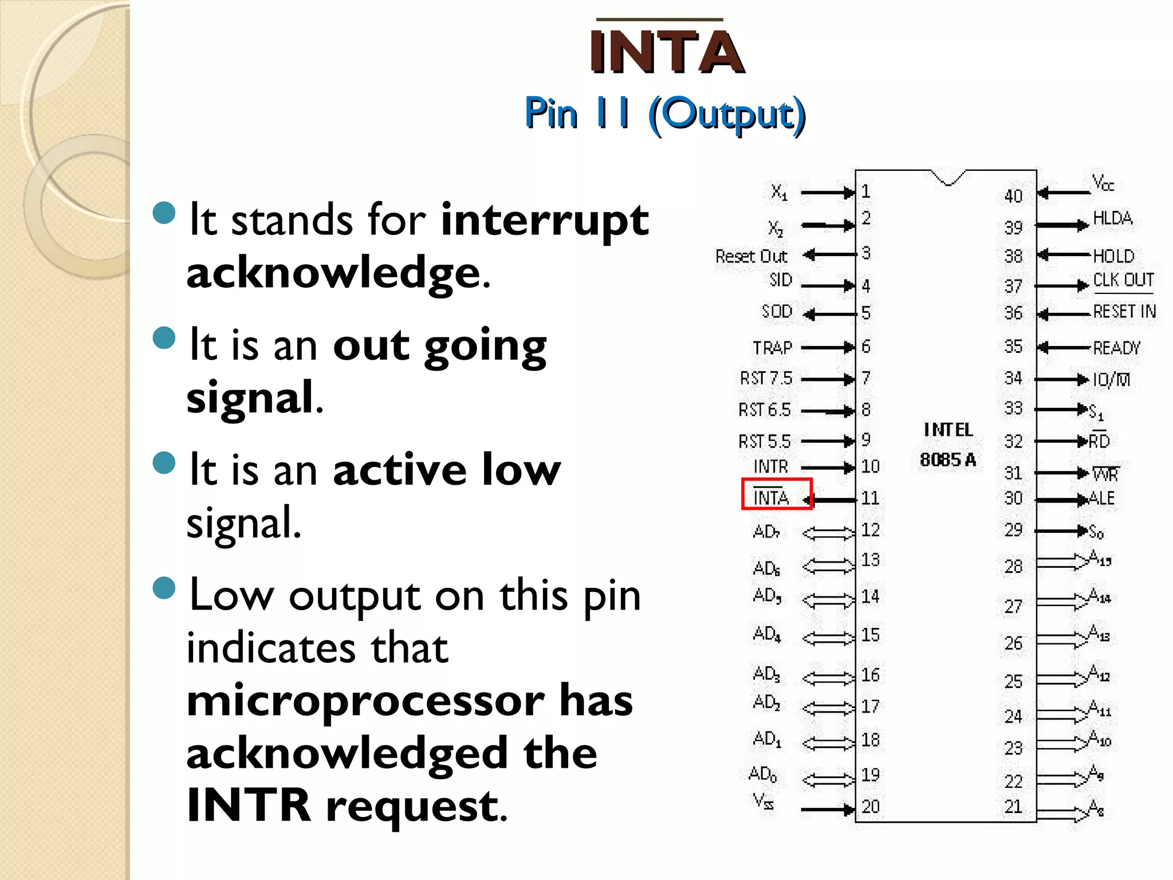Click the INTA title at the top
tap(666, 52)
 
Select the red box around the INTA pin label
tap(777, 494)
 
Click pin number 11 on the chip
tap(870, 498)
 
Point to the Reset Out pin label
tap(751, 256)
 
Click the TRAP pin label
tap(772, 348)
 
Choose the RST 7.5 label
tap(766, 379)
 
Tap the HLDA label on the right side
tap(1112, 218)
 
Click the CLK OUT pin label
tap(1123, 280)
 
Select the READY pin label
tap(1116, 348)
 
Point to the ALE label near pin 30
tap(1102, 498)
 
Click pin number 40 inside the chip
tap(1013, 197)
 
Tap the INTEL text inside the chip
tap(948, 430)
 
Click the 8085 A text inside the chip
tap(948, 459)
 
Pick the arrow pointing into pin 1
tap(827, 193)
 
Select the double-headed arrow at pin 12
tap(828, 533)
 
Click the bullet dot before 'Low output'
tap(164, 588)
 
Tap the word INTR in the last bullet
tap(249, 805)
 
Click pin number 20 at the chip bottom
tap(870, 807)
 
